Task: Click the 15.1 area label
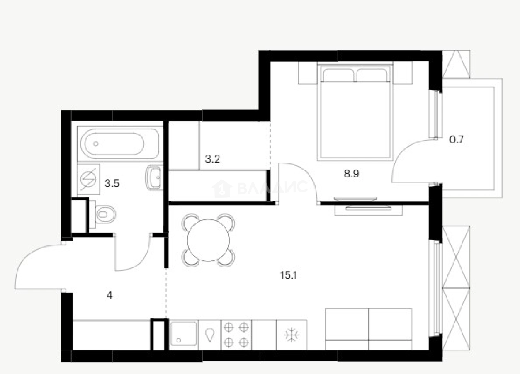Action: (x=289, y=275)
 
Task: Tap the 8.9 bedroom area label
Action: (x=352, y=174)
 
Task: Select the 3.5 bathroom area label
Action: (x=112, y=183)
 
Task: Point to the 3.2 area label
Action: (x=212, y=159)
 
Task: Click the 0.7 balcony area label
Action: (x=457, y=140)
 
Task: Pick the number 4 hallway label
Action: (x=109, y=296)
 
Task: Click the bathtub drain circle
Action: (x=96, y=144)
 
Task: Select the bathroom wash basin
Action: (x=154, y=177)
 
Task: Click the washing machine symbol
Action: (x=88, y=180)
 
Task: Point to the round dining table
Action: (x=208, y=240)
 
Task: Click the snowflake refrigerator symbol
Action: (x=292, y=335)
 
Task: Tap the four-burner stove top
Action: (x=236, y=335)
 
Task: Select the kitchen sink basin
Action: (x=183, y=334)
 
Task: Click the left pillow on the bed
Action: (x=338, y=75)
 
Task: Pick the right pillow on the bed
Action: (x=372, y=75)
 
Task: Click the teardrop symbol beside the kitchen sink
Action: (x=210, y=335)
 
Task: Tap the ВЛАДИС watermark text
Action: (x=272, y=187)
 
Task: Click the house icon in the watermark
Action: (x=222, y=189)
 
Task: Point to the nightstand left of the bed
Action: (x=308, y=73)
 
